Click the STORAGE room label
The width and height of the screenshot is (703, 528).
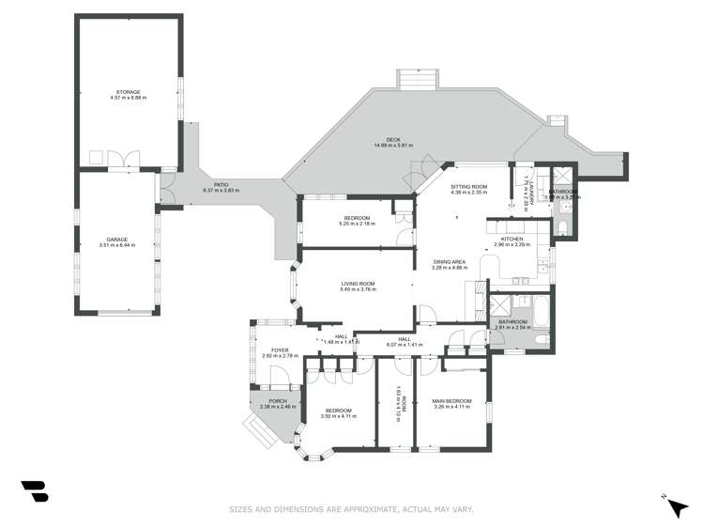(x=128, y=91)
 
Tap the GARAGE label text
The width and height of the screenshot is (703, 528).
(x=117, y=239)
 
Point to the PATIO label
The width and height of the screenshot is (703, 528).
(x=221, y=184)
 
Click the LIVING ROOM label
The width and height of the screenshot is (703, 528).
(x=358, y=284)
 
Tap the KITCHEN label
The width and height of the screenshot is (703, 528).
(x=512, y=239)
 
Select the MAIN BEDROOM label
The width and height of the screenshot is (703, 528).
(x=450, y=401)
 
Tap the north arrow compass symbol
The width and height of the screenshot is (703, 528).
(x=675, y=506)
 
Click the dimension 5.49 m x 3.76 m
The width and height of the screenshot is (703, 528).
(x=358, y=289)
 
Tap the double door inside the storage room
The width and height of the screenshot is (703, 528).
(x=123, y=158)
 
